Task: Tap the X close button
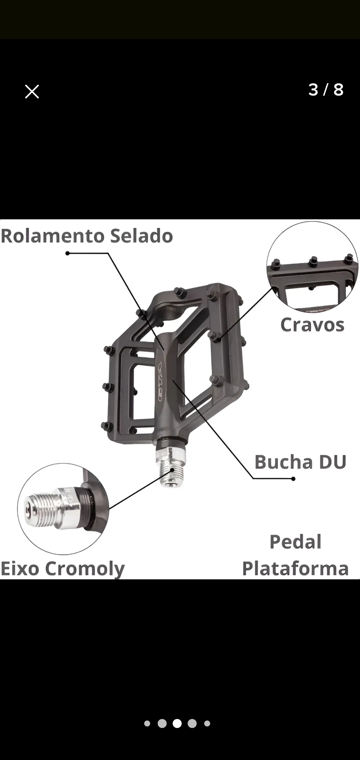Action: click(32, 91)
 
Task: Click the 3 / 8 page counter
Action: click(326, 90)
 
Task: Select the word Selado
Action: click(142, 236)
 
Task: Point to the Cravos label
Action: click(312, 325)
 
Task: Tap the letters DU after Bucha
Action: click(333, 462)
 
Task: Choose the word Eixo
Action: click(20, 568)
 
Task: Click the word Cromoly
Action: click(85, 569)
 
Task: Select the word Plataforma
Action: click(295, 568)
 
